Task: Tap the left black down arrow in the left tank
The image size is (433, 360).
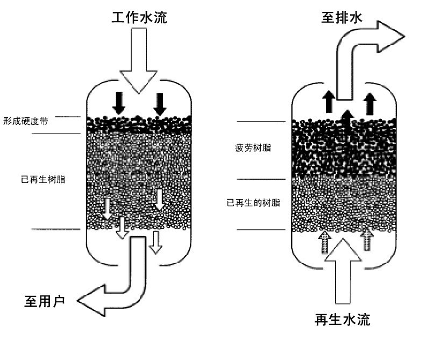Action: (119, 102)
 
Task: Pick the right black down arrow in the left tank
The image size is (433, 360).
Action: (160, 103)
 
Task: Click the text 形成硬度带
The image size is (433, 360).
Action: (26, 121)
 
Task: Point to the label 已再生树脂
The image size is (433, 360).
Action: (43, 179)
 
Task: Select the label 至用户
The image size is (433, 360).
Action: (45, 301)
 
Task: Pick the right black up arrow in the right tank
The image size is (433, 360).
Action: (369, 103)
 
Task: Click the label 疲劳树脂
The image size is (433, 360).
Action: (252, 147)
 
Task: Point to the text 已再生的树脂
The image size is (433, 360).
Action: (253, 203)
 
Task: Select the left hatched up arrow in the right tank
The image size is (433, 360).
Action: (324, 242)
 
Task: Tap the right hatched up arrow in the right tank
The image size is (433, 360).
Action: (367, 240)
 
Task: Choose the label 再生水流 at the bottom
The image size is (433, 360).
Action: (343, 320)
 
